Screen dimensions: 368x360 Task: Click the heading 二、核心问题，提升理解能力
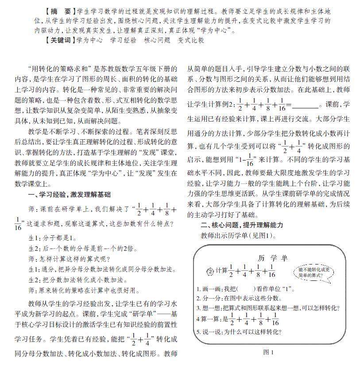(x=242, y=225)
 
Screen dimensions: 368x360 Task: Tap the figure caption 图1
(x=269, y=352)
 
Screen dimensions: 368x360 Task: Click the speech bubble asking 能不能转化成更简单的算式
(x=314, y=272)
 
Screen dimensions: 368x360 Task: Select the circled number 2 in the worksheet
(x=210, y=271)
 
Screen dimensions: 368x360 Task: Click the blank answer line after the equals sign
(x=305, y=106)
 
